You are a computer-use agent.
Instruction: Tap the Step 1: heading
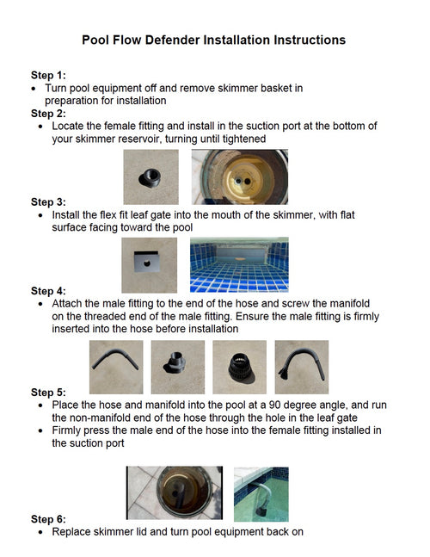click(x=48, y=75)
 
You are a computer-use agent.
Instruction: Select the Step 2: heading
click(x=48, y=114)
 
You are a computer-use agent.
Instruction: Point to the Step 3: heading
click(x=48, y=202)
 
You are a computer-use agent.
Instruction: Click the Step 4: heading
click(x=48, y=291)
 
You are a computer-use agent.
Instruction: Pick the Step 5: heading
click(x=48, y=393)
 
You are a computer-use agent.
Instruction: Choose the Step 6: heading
click(x=48, y=519)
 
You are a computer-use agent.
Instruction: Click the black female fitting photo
click(x=150, y=176)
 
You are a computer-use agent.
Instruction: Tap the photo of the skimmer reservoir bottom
click(x=240, y=176)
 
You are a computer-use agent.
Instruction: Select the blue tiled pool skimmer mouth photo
click(x=239, y=265)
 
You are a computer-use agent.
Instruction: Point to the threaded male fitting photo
click(x=178, y=367)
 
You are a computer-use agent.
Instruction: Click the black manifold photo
click(x=239, y=367)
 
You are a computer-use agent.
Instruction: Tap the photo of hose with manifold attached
click(x=302, y=367)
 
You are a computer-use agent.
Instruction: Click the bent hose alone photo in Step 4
click(x=116, y=367)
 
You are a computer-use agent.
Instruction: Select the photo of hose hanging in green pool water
click(x=261, y=494)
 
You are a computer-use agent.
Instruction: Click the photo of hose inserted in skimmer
click(x=175, y=493)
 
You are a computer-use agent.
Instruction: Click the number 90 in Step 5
click(x=274, y=405)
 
